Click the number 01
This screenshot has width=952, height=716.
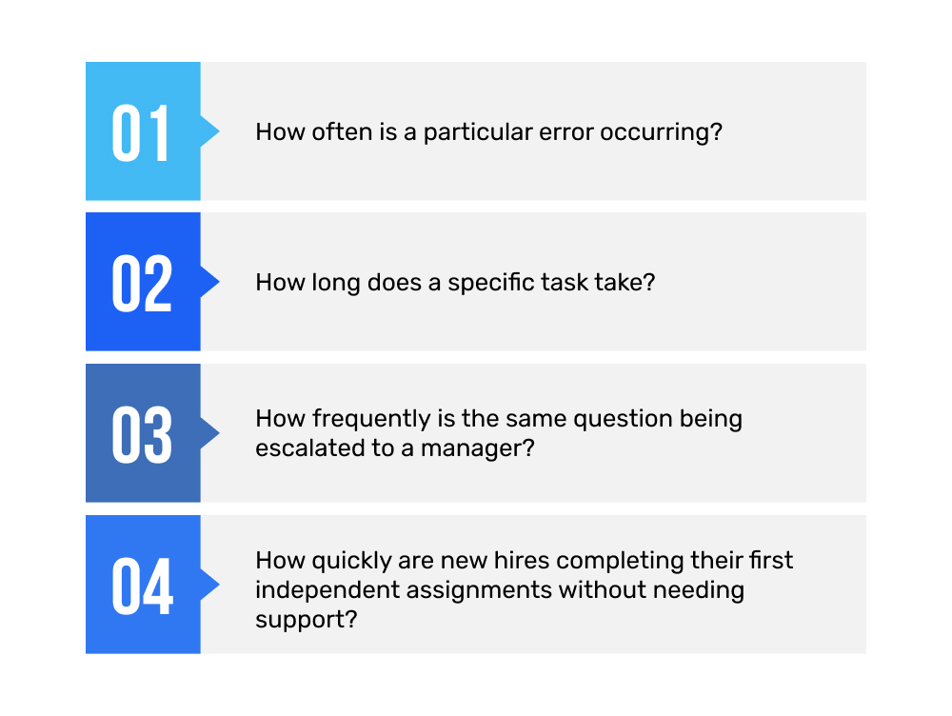point(141,132)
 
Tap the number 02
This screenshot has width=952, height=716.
point(141,283)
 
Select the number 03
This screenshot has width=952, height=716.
point(141,434)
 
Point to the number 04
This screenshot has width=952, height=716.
point(142,586)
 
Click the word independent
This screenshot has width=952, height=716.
point(325,589)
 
